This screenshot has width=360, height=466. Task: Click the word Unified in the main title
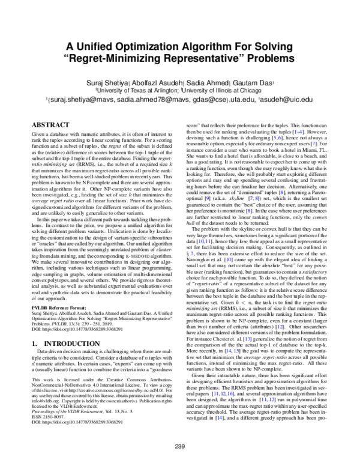click(x=110, y=48)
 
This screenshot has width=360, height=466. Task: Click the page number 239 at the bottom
click(x=180, y=445)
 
